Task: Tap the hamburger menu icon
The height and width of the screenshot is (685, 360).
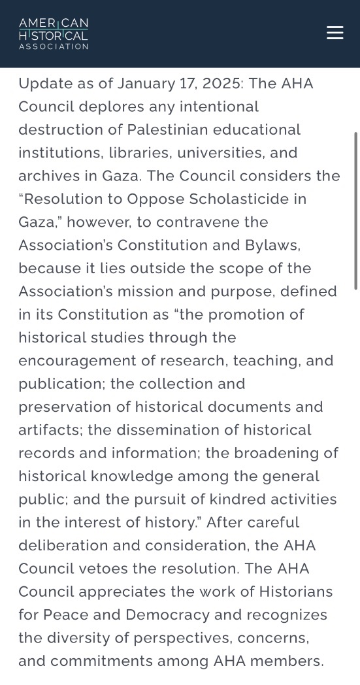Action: pos(335,33)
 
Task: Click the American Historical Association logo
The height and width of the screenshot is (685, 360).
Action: pos(54,33)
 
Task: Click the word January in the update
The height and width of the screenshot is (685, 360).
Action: pos(148,84)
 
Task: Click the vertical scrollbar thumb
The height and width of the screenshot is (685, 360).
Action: pos(356,209)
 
